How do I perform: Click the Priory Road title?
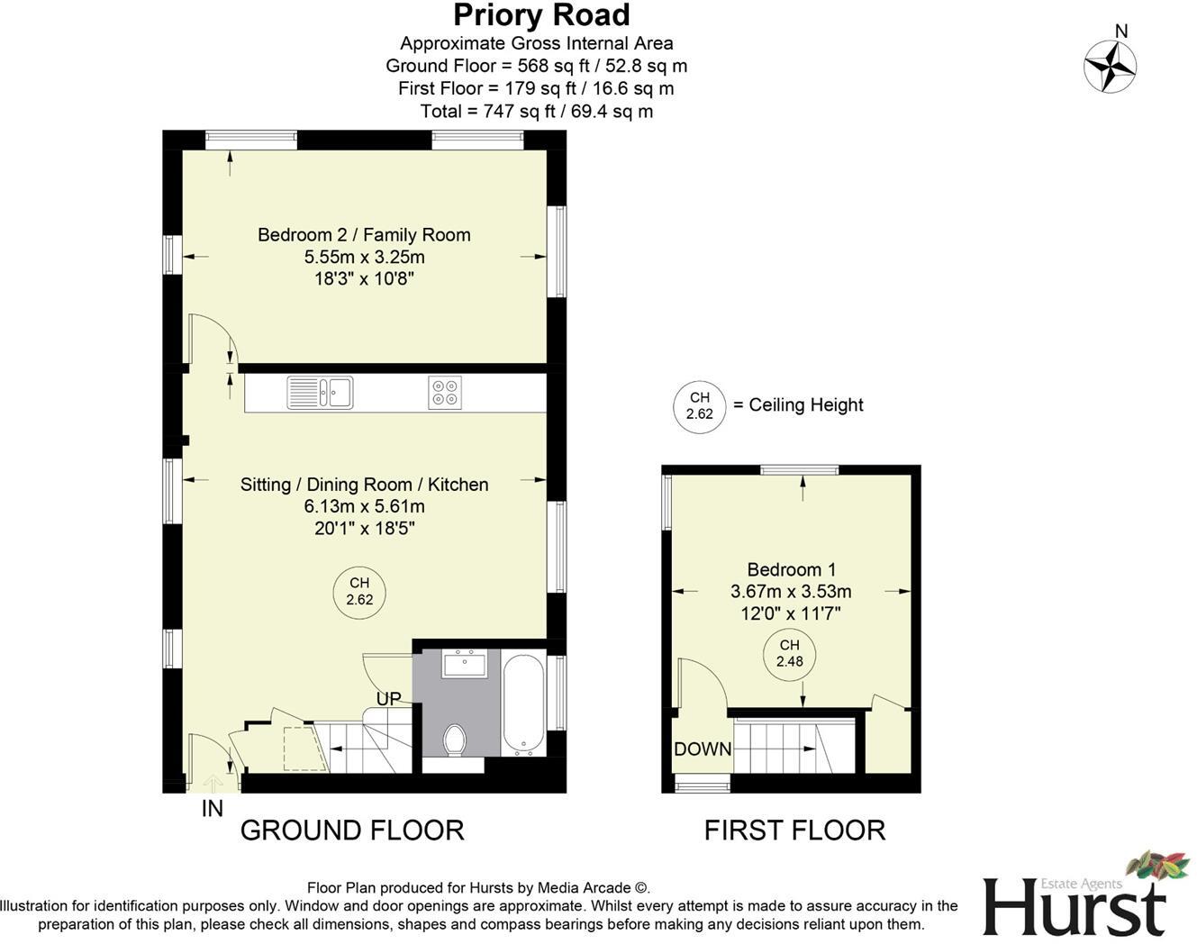coord(541,15)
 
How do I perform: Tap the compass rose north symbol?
coord(1110,66)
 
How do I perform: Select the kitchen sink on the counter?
coord(320,393)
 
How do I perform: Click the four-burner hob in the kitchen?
coord(445,393)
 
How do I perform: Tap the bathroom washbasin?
coord(464,665)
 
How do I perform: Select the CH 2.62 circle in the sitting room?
coord(359,592)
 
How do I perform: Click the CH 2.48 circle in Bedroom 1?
coord(789,653)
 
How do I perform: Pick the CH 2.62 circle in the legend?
coord(699,406)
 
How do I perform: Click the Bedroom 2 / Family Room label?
coord(364,235)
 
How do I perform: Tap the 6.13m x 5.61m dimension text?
coord(364,506)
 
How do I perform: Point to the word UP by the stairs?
coord(389,699)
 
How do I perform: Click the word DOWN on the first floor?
coord(703,749)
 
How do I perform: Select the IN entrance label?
coord(212,809)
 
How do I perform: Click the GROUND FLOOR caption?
coord(352,830)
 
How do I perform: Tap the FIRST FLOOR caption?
coord(794,830)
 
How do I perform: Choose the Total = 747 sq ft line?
coord(537,112)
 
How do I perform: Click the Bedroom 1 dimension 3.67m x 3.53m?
coord(791,592)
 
